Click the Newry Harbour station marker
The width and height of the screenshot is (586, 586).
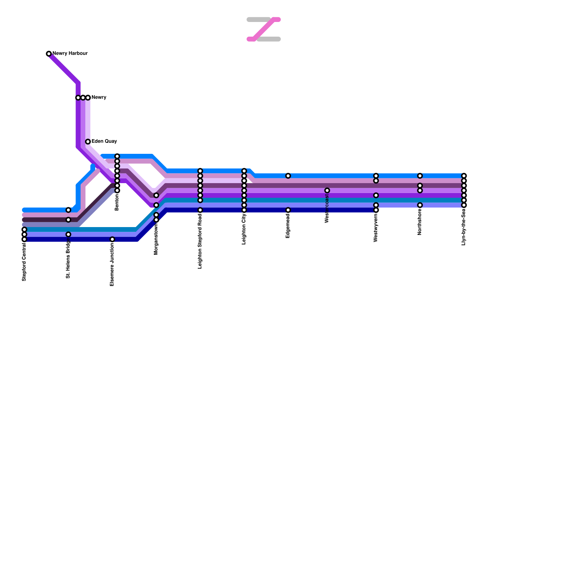[x=49, y=54]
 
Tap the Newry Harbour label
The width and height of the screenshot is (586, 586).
[x=70, y=53]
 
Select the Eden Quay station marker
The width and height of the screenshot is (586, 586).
[x=88, y=142]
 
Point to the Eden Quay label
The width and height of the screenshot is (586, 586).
[x=104, y=141]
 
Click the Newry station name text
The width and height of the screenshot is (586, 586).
[x=99, y=97]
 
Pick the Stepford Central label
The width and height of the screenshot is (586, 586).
[x=24, y=262]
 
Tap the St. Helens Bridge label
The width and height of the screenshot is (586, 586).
[x=68, y=259]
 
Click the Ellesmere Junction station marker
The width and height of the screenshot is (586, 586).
[x=112, y=239]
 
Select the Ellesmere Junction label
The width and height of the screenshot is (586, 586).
[x=112, y=264]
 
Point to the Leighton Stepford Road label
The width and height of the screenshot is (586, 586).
[x=200, y=241]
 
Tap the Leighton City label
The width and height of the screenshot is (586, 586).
[x=244, y=229]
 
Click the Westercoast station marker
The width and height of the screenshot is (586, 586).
[x=327, y=190]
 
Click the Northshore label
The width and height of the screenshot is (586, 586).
[x=420, y=222]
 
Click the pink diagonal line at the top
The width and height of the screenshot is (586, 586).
[x=264, y=29]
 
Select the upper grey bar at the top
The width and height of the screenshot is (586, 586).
[x=258, y=19]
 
